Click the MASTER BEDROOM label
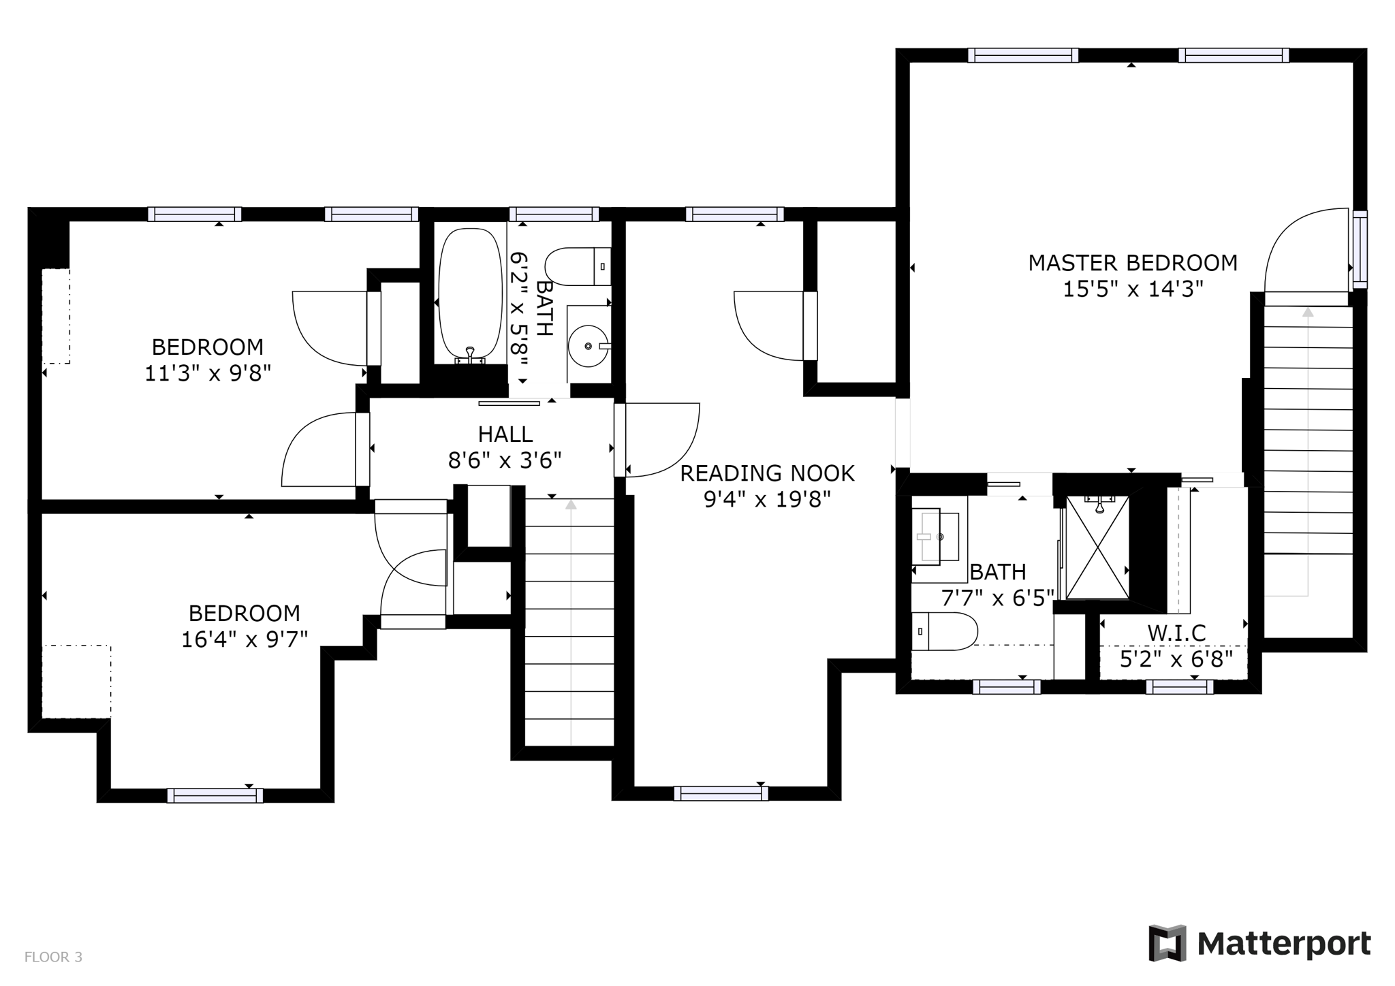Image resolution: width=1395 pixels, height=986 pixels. click(x=1132, y=263)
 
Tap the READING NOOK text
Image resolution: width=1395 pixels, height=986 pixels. click(x=767, y=473)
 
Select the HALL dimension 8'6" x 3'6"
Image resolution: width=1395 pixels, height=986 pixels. click(x=505, y=461)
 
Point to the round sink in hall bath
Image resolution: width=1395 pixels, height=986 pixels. click(x=588, y=347)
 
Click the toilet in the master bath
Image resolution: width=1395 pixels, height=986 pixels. click(x=944, y=631)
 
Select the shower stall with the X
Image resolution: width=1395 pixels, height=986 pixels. click(x=1097, y=548)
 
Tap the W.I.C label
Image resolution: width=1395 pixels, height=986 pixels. click(x=1176, y=633)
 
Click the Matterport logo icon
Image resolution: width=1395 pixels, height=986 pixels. click(x=1167, y=943)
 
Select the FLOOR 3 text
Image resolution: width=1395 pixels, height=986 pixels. click(x=53, y=957)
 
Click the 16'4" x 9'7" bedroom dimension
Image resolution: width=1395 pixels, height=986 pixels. click(x=245, y=640)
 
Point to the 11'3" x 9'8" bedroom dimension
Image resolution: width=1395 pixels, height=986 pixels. click(x=208, y=374)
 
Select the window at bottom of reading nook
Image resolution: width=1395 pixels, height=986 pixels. click(x=721, y=793)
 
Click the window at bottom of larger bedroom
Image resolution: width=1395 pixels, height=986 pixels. click(x=215, y=795)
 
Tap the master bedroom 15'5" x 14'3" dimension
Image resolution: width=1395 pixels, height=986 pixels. click(x=1133, y=289)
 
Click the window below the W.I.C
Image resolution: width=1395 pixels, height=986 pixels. click(x=1179, y=687)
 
